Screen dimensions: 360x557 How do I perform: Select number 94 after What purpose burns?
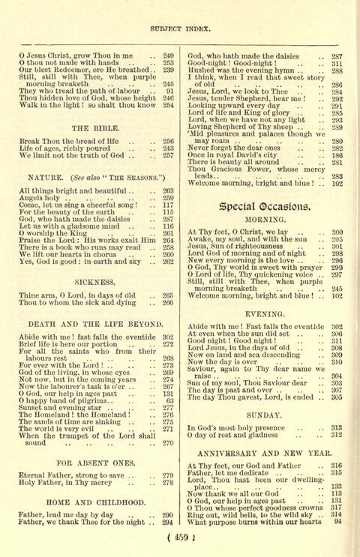[338, 520]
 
